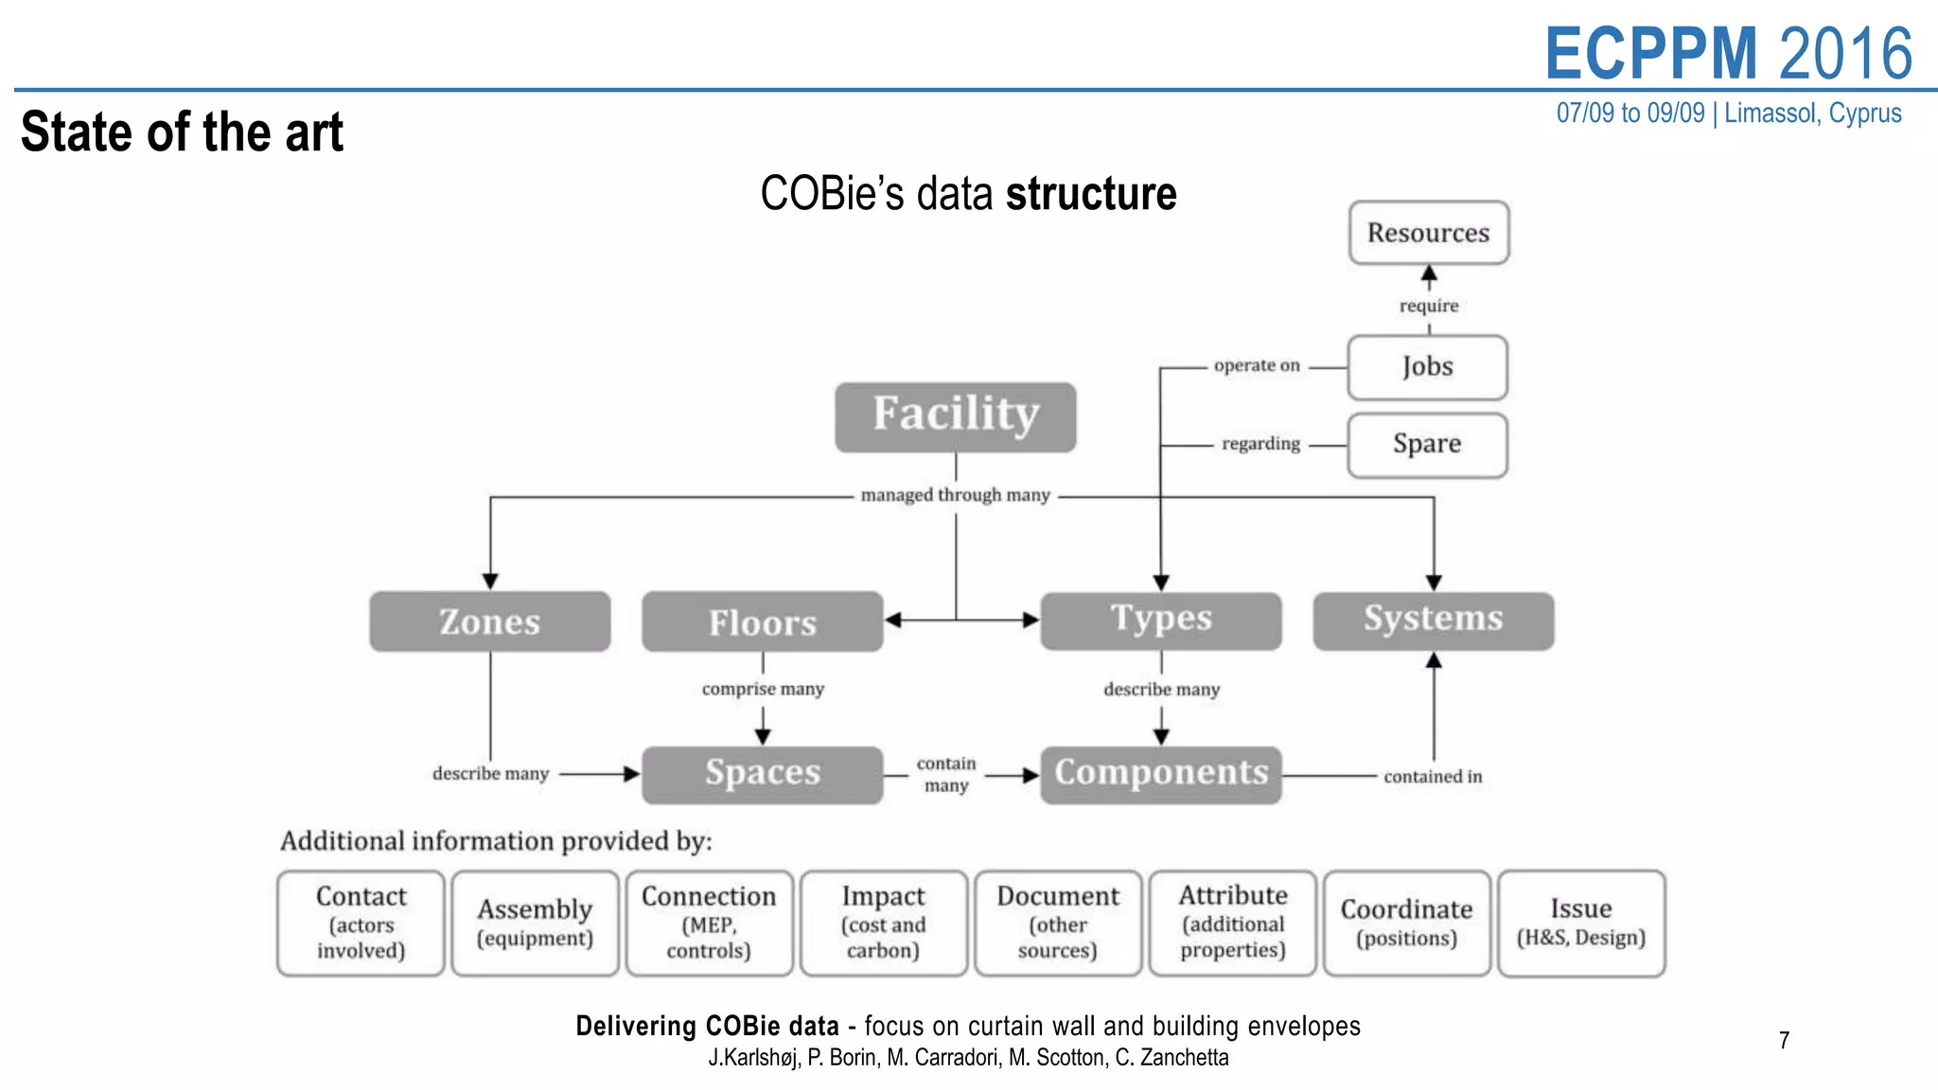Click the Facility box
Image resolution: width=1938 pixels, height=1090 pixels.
pos(955,416)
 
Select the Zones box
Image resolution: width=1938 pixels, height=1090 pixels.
pos(489,622)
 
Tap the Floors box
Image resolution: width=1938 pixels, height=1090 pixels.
pos(762,622)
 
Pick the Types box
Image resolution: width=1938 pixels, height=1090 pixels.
pos(1160,621)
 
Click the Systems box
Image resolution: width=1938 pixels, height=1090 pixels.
pos(1433,621)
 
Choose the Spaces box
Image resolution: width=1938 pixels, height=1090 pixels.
pos(762,774)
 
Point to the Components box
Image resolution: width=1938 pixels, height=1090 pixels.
pos(1160,774)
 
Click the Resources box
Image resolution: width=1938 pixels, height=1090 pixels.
pos(1428,233)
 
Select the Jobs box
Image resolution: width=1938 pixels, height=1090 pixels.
pos(1427,367)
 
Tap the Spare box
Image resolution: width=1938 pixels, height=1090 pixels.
pos(1427,444)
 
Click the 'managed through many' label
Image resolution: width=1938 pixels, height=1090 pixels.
pos(955,495)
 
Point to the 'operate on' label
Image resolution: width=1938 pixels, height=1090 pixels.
pos(1257,366)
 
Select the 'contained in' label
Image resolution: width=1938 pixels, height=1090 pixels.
pos(1432,777)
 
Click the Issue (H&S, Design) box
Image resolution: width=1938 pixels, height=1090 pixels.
pos(1580,923)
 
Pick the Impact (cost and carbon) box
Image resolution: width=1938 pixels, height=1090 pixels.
pos(883,923)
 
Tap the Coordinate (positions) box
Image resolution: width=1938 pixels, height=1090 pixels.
pos(1406,923)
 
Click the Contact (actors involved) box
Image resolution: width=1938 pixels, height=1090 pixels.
pos(361,923)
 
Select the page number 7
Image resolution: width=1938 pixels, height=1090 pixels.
pos(1784,1041)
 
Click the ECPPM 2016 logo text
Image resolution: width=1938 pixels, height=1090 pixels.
pos(1728,53)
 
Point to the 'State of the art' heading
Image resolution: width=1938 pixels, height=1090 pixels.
pos(182,132)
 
